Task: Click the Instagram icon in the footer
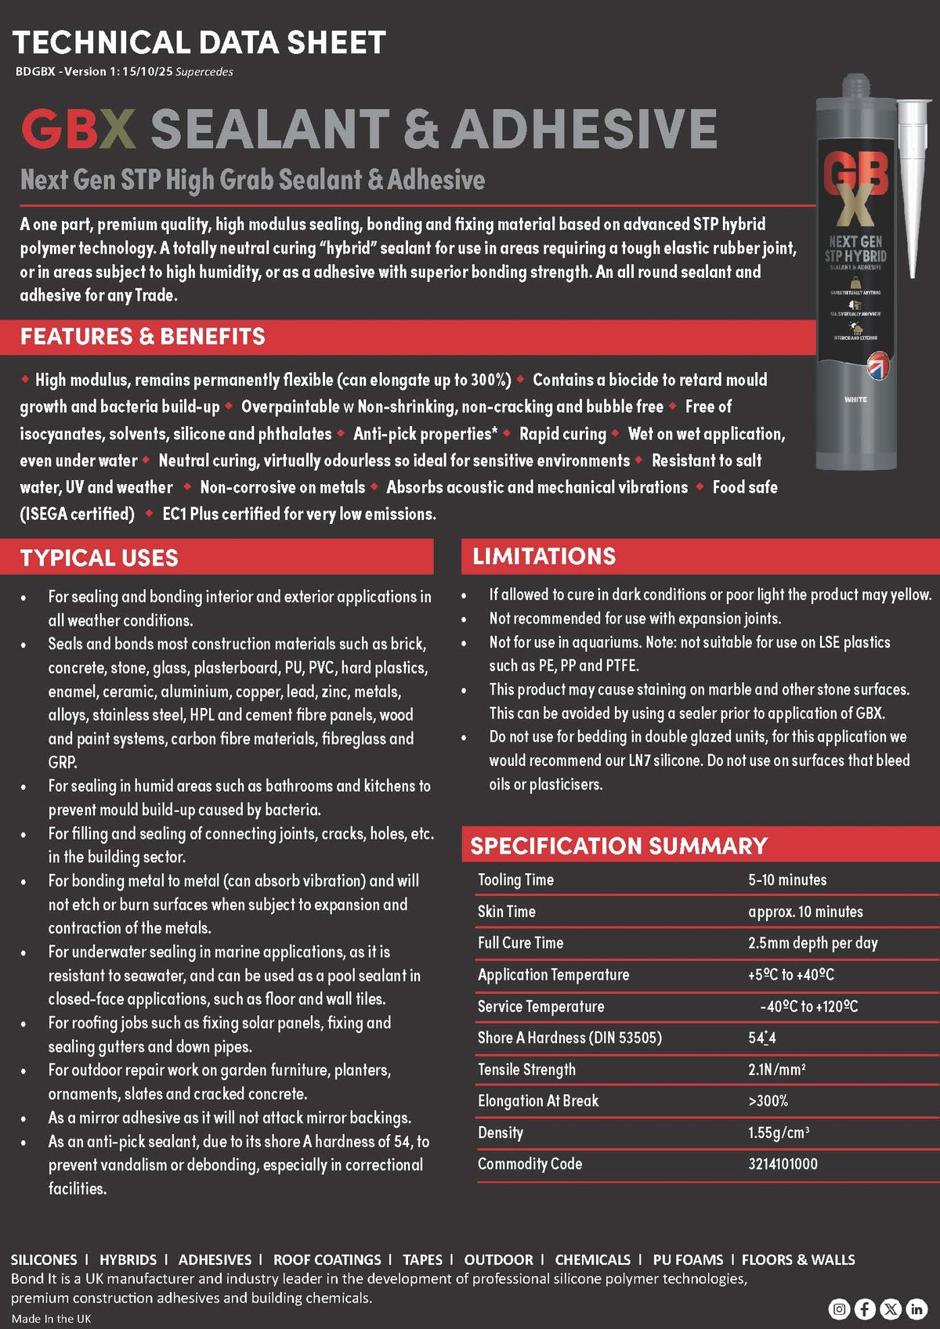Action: point(839,1309)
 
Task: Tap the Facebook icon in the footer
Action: point(865,1309)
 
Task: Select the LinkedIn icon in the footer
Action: point(916,1309)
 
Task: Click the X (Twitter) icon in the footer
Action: point(891,1309)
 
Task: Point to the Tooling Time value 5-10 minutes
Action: point(786,879)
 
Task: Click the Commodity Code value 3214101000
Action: point(782,1164)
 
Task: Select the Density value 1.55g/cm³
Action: point(778,1132)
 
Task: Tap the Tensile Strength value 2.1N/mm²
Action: point(776,1069)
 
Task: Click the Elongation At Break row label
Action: point(537,1100)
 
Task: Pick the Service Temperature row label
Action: point(540,1006)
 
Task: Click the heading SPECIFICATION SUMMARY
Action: point(619,846)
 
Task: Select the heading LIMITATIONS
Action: point(544,556)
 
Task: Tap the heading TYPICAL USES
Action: point(99,558)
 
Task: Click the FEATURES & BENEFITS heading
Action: point(143,337)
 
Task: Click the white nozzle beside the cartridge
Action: point(913,180)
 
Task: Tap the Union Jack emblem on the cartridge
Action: point(877,364)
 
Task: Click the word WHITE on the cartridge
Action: point(855,399)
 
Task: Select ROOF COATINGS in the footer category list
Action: point(327,1259)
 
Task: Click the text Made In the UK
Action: point(51,1319)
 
